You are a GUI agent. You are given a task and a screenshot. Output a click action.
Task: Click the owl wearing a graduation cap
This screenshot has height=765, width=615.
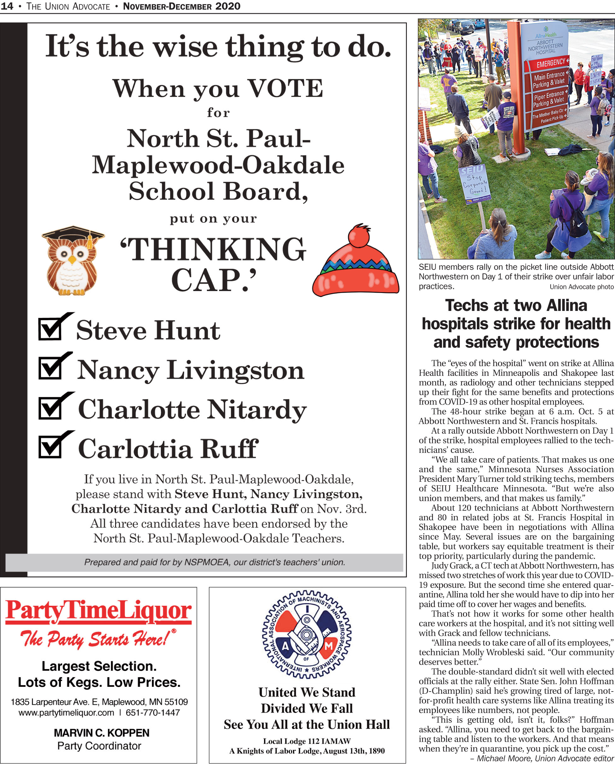click(73, 261)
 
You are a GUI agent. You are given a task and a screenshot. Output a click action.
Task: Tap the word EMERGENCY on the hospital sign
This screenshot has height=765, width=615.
click(550, 63)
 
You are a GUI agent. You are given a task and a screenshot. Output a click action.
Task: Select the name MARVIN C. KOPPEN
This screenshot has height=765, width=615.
click(102, 733)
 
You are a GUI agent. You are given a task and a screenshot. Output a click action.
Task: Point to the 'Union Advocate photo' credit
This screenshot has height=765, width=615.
click(581, 287)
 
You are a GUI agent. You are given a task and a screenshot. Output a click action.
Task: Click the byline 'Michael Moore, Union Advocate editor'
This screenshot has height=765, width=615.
click(545, 758)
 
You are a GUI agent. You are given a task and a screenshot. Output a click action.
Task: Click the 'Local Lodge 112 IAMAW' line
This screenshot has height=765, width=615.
click(307, 741)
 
